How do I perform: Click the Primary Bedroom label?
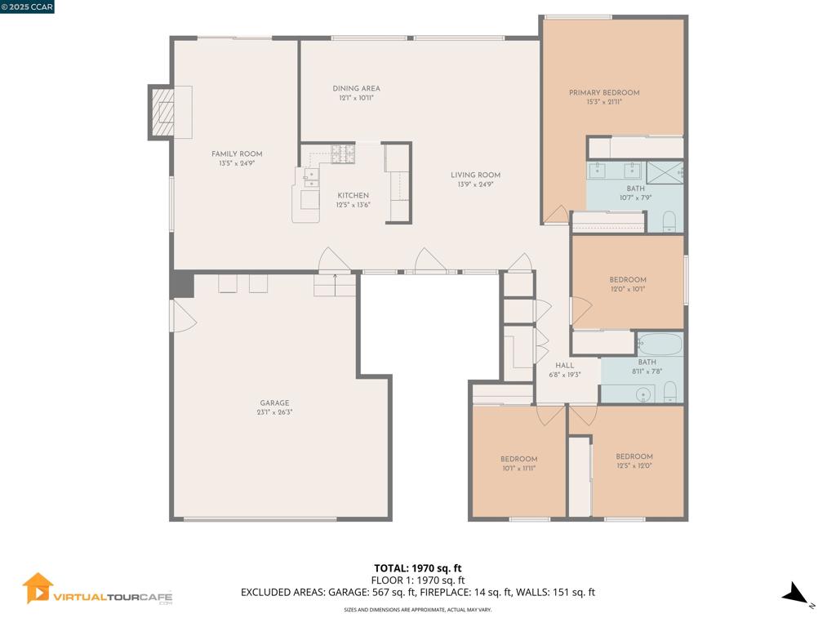tap(604, 92)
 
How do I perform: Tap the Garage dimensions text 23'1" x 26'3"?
tap(274, 412)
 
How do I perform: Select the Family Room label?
tap(237, 153)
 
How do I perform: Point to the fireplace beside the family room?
tap(162, 111)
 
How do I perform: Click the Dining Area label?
tap(356, 88)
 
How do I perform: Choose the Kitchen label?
tap(354, 195)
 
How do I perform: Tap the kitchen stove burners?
tap(342, 153)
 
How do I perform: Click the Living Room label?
tap(475, 175)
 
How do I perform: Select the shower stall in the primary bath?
tap(665, 172)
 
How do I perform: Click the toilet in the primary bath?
tap(669, 220)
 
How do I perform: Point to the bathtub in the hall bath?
tap(660, 344)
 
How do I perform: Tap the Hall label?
tap(564, 365)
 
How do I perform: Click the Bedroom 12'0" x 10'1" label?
tap(627, 279)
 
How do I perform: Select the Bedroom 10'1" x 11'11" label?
tap(518, 458)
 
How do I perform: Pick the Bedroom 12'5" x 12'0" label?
tap(634, 456)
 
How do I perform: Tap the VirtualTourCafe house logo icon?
tap(38, 588)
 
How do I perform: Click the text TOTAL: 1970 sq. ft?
tap(417, 567)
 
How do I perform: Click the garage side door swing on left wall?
tap(182, 316)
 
